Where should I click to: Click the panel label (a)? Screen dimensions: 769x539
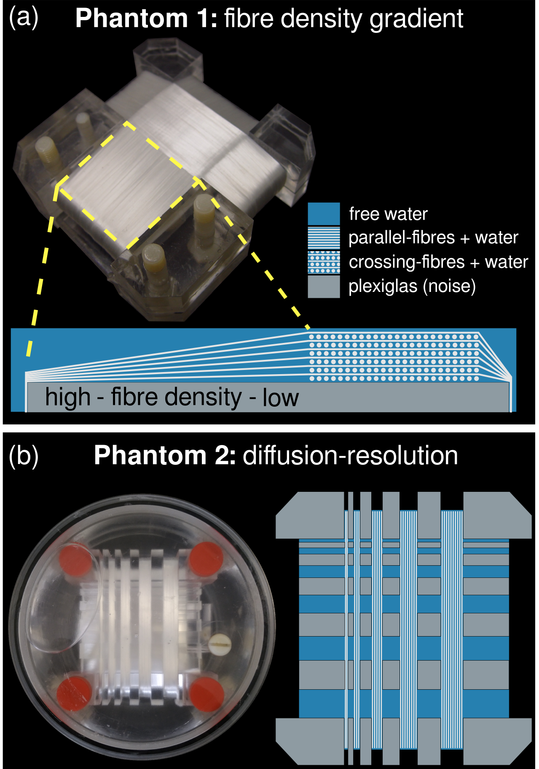(x=24, y=18)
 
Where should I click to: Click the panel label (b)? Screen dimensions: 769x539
(x=24, y=456)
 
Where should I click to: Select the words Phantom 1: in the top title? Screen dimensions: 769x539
(x=146, y=19)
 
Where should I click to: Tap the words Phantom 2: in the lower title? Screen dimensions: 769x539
(x=164, y=456)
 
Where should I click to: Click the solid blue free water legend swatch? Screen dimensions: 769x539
(x=324, y=214)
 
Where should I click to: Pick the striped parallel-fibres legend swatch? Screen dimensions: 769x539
(x=324, y=238)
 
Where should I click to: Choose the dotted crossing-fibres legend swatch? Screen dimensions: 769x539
(x=324, y=262)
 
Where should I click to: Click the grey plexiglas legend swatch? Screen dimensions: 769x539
(x=324, y=286)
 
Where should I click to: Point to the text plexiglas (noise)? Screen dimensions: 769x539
(x=412, y=286)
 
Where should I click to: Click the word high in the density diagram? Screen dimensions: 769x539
(x=68, y=397)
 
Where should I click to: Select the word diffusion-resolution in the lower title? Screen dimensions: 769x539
(x=350, y=456)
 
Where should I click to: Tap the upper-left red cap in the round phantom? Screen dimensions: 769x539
(x=76, y=560)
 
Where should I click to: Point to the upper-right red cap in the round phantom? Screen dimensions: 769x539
(x=206, y=559)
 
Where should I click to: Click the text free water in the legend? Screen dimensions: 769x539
(x=388, y=214)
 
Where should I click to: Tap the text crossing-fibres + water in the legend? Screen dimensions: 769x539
(x=438, y=262)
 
